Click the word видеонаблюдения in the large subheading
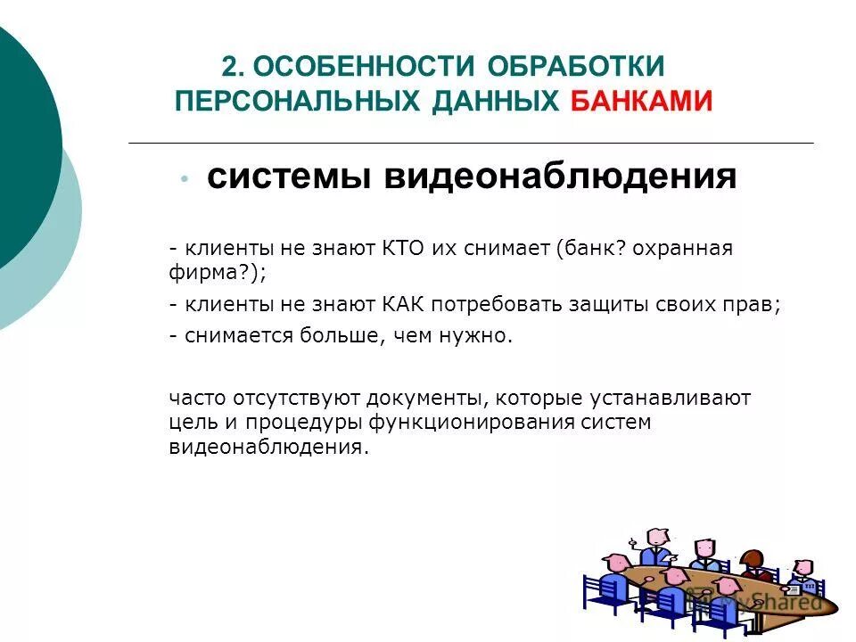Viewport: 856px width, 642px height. (x=561, y=177)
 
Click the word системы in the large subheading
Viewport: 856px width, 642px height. (x=289, y=177)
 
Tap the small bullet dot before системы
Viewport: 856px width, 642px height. (x=184, y=178)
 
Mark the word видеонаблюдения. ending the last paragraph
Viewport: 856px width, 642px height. (x=268, y=448)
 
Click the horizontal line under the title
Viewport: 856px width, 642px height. (x=471, y=143)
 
